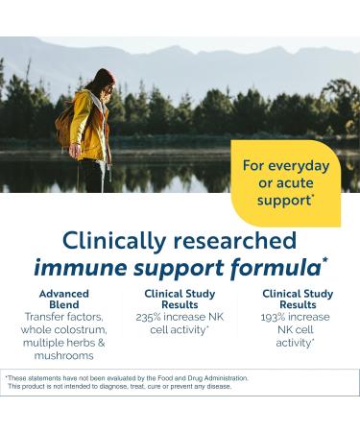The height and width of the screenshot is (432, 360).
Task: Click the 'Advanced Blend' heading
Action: [x=63, y=301]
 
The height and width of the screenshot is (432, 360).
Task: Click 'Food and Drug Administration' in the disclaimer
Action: [x=204, y=379]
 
